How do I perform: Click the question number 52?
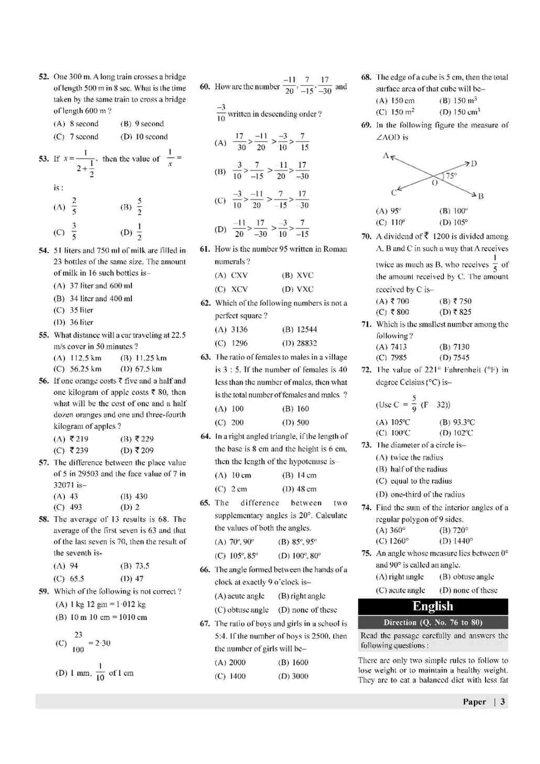tap(43, 77)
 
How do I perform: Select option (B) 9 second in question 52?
tap(142, 124)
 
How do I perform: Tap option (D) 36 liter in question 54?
tap(73, 323)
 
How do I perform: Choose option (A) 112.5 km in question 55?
tap(78, 358)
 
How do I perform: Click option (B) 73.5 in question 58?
tap(135, 566)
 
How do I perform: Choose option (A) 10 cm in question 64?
tap(233, 476)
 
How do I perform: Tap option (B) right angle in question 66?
tap(302, 596)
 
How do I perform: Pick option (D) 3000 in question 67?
tap(293, 676)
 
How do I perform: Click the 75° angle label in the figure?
tap(451, 176)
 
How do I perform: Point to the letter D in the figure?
tap(474, 164)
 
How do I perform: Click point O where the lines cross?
tap(434, 182)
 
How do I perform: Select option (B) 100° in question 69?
tap(453, 211)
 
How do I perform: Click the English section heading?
tap(433, 606)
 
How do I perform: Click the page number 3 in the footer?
tap(503, 702)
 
